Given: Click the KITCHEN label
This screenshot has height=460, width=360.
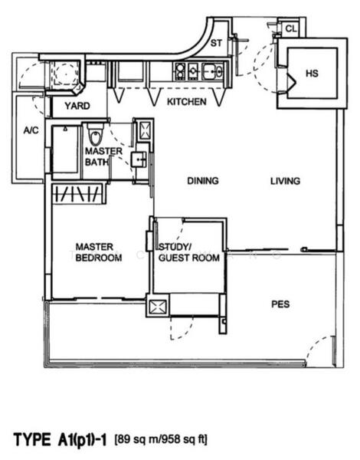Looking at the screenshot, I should coord(186,102).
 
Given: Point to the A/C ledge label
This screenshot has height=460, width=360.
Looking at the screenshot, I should coord(31,130).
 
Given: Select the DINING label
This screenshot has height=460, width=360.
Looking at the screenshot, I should coord(202,181).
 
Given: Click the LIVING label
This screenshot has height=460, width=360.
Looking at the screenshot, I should coord(284,181).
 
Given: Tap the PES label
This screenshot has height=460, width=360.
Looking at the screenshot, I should coord(280,304).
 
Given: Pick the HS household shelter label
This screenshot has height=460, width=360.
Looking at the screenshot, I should coord(312,74).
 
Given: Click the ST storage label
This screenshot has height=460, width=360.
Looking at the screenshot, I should coord(216,44).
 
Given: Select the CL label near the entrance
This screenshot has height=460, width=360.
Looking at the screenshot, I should coord(290,29).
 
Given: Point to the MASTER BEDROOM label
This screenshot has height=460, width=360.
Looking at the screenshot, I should coord(98,252).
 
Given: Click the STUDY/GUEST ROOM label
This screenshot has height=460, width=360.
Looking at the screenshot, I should coord(188,252).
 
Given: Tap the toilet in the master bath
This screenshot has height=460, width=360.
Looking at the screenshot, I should coord(95,136).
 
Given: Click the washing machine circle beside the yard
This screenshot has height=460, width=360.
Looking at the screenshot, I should coord(64,74).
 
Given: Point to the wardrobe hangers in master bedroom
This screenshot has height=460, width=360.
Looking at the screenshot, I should coord(77,193).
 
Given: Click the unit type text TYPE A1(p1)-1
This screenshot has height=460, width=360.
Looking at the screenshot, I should coord(61,439).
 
